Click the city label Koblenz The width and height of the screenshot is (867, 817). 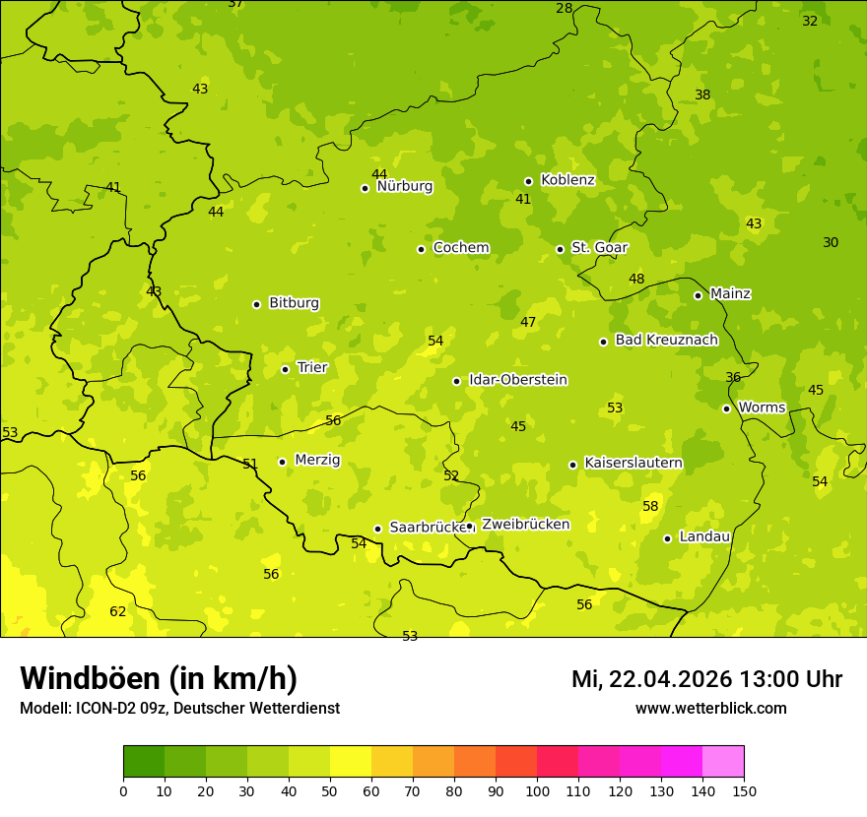(567, 180)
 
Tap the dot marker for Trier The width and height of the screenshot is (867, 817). (285, 369)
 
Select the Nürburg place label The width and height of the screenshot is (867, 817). (404, 186)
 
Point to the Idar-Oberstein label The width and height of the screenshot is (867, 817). (517, 380)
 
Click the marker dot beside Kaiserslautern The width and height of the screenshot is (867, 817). (572, 465)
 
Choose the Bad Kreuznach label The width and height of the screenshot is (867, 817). (666, 340)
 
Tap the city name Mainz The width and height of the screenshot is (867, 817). (730, 293)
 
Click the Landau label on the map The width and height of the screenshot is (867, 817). (704, 536)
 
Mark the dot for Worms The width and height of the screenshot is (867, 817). (726, 408)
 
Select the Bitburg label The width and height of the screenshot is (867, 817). (294, 303)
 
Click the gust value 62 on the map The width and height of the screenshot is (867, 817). (117, 611)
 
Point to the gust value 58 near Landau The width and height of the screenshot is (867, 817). (650, 506)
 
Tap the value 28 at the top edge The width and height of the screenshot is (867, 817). (564, 9)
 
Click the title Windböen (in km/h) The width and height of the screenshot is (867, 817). (159, 678)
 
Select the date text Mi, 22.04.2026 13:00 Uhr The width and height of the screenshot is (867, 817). (706, 679)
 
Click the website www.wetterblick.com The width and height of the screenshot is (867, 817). (710, 708)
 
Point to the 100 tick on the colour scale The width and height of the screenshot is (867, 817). (537, 790)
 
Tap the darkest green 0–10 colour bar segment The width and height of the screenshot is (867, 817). (144, 762)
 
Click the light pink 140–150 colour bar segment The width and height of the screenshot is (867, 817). (723, 762)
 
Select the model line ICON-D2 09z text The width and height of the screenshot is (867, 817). (179, 708)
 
